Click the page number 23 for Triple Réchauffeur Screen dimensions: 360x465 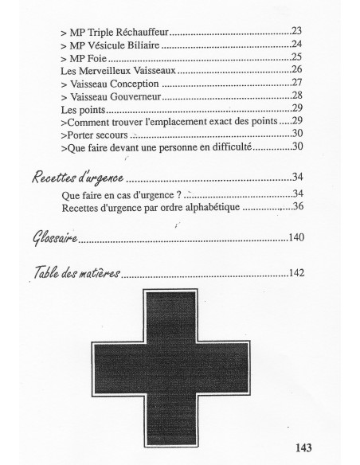click(295, 31)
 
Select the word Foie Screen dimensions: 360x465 click(96, 57)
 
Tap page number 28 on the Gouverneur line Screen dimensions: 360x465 click(296, 96)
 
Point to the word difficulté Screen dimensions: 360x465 click(226, 147)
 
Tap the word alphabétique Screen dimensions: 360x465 click(190, 207)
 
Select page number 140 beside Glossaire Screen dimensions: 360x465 click(295, 237)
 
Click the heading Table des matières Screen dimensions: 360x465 click(76, 273)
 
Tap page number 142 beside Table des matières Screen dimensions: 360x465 click(295, 274)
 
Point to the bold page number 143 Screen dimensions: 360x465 click(301, 447)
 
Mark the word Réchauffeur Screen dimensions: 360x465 click(144, 32)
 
